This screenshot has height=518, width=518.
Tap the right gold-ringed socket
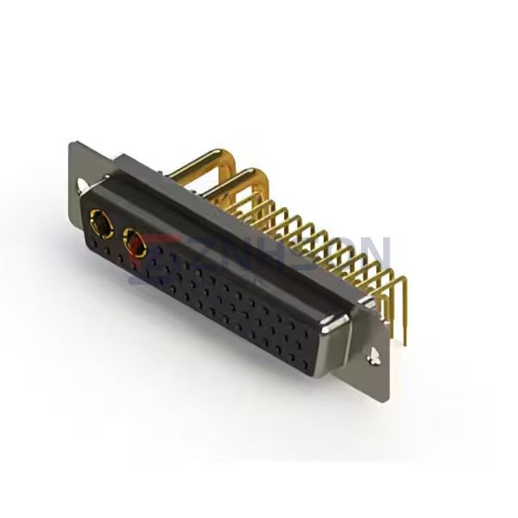pos(136,244)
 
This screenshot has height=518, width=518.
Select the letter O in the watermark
pos(331,253)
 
